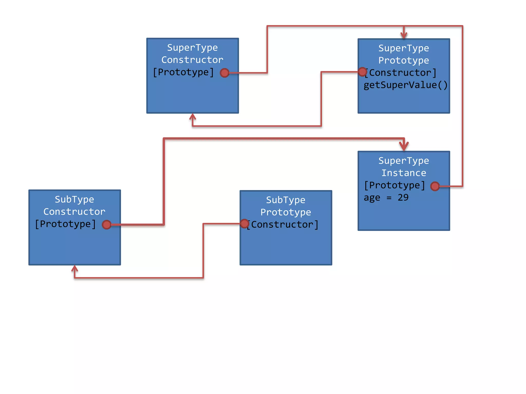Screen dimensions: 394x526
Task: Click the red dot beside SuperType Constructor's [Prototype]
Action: (x=224, y=73)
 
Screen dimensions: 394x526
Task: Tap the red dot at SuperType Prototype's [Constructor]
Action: (x=362, y=72)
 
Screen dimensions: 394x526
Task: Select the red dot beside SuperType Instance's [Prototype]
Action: (x=435, y=186)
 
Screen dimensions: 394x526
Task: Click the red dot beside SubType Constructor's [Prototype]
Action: (x=107, y=225)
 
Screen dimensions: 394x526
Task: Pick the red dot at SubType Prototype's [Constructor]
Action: (x=245, y=223)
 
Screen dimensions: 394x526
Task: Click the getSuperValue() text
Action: (x=406, y=85)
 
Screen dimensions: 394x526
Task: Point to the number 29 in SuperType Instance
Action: (x=403, y=198)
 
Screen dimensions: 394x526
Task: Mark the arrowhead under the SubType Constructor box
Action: (x=74, y=269)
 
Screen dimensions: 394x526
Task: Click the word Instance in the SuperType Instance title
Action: (x=404, y=173)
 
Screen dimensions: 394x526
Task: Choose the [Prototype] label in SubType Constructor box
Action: (x=65, y=224)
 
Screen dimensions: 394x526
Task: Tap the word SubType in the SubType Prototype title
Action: (x=286, y=200)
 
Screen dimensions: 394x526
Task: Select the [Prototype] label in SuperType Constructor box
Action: (x=183, y=72)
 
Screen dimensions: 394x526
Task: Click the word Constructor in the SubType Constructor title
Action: (x=74, y=212)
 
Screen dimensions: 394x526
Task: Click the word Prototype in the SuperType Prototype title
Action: (x=404, y=61)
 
